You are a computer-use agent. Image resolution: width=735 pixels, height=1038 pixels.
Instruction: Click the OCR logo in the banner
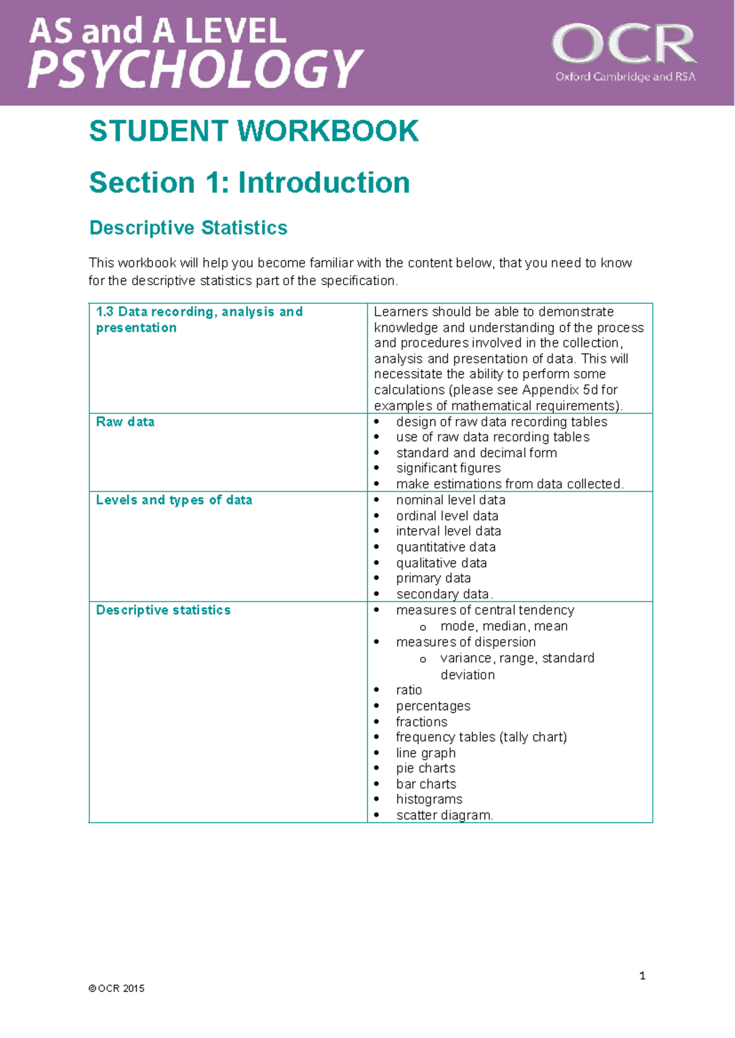point(624,53)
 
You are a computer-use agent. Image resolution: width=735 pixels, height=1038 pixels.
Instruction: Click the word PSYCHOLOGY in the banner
point(196,69)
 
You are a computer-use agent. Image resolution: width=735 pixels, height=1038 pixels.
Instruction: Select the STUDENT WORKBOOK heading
point(254,131)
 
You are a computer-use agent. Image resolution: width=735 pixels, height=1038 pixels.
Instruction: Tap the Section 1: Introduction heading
point(249,182)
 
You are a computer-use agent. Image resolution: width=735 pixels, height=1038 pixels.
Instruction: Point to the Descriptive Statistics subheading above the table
point(188,228)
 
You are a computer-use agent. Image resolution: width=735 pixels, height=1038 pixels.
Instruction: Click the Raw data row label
point(125,422)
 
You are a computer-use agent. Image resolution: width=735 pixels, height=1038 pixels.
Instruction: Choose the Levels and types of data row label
point(174,500)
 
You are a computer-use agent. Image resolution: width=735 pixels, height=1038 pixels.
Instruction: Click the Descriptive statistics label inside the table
point(163,610)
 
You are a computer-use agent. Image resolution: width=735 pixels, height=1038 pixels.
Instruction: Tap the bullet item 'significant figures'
point(448,468)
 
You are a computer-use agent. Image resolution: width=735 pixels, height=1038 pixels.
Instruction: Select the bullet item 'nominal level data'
point(451,500)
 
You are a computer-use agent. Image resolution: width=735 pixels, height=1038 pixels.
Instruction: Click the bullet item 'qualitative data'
point(441,563)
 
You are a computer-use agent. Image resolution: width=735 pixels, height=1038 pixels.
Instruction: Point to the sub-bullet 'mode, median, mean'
point(503,626)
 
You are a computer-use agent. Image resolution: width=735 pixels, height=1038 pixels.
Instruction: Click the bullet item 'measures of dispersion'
point(466,642)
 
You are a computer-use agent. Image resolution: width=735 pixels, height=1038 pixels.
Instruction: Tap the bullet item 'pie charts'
point(426,768)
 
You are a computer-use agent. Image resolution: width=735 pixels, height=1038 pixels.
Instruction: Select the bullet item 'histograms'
point(429,799)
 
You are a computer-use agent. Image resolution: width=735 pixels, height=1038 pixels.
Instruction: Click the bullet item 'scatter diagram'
point(443,815)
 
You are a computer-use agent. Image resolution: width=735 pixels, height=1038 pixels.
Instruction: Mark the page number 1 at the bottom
point(642,976)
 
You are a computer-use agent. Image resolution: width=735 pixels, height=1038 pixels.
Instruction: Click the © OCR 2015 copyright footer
point(116,988)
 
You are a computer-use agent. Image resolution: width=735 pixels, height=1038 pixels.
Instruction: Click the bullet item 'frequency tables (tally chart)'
point(481,737)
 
